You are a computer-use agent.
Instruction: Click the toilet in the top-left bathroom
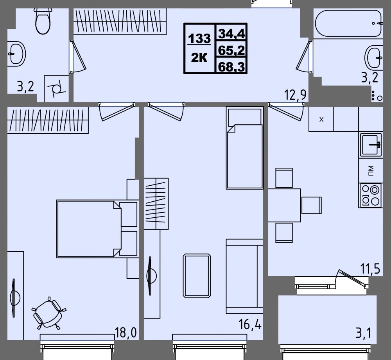pyautogui.click(x=43, y=21)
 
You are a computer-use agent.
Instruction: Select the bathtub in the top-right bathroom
pyautogui.click(x=348, y=23)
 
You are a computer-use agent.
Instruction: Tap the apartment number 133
pyautogui.click(x=199, y=38)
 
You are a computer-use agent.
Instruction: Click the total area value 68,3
pyautogui.click(x=231, y=66)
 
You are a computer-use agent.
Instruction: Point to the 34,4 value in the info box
pyautogui.click(x=231, y=33)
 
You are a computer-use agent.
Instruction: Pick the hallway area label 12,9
pyautogui.click(x=296, y=95)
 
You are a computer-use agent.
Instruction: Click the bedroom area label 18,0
pyautogui.click(x=126, y=332)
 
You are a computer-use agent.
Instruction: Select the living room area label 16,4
pyautogui.click(x=250, y=324)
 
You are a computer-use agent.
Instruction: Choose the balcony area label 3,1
pyautogui.click(x=364, y=333)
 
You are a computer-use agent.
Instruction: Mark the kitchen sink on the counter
pyautogui.click(x=371, y=145)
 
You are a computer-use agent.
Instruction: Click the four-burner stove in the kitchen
pyautogui.click(x=370, y=195)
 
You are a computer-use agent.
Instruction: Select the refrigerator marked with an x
pyautogui.click(x=321, y=119)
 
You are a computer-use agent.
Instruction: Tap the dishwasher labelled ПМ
pyautogui.click(x=371, y=170)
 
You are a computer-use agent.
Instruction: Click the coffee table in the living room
pyautogui.click(x=197, y=276)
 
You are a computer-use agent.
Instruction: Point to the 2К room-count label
pyautogui.click(x=199, y=58)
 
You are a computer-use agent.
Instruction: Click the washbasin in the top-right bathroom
pyautogui.click(x=373, y=57)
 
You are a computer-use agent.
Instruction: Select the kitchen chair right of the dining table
pyautogui.click(x=311, y=205)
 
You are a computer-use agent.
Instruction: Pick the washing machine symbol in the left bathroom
pyautogui.click(x=56, y=89)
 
